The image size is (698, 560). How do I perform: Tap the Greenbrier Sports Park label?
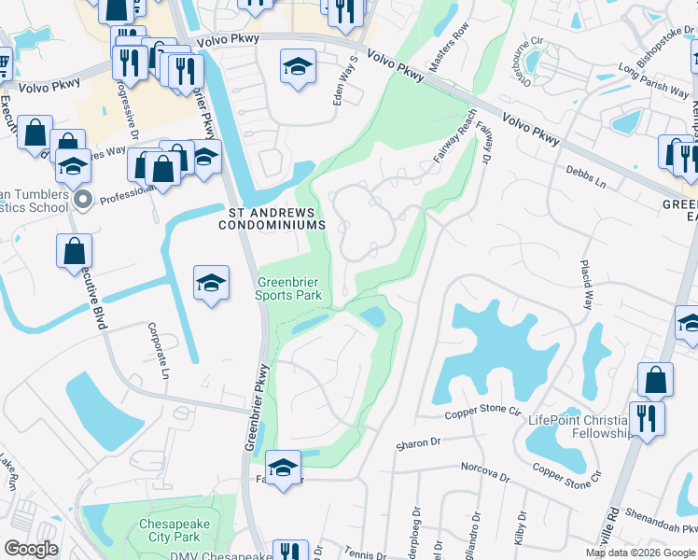(x=289, y=288)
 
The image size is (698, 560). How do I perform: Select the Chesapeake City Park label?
(x=170, y=530)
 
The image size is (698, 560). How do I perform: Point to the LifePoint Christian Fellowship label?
(x=580, y=427)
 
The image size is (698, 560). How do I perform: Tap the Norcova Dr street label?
(x=484, y=471)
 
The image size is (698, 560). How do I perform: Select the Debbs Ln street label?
(x=588, y=176)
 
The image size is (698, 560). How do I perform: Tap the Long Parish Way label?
(x=654, y=81)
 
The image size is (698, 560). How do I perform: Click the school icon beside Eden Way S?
(x=298, y=66)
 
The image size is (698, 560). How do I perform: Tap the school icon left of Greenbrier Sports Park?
(x=212, y=282)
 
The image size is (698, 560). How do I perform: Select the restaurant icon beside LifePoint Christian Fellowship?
(x=646, y=417)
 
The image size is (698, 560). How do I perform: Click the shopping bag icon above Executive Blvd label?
(x=74, y=252)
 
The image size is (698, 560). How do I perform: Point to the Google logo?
(x=32, y=549)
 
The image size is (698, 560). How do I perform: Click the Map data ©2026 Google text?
(x=640, y=553)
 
